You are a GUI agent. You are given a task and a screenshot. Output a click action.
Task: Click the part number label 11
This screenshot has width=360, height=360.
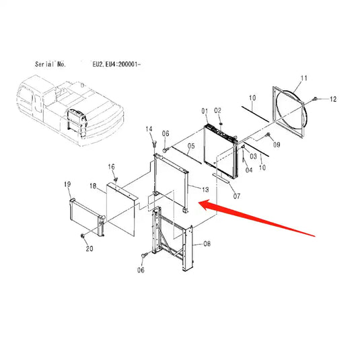click(x=303, y=78)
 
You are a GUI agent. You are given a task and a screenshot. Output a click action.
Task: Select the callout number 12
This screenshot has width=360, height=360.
click(x=333, y=99)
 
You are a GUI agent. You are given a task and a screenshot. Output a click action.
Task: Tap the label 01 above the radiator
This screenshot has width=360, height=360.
click(x=205, y=111)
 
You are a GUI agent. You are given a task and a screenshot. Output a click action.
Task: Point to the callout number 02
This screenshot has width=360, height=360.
click(x=217, y=110)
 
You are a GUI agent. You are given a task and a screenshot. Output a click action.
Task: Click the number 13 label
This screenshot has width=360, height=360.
click(x=205, y=190)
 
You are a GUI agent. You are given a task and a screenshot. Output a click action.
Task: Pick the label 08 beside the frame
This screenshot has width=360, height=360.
click(x=207, y=244)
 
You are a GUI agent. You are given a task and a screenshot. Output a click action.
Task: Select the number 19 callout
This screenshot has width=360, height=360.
click(x=67, y=184)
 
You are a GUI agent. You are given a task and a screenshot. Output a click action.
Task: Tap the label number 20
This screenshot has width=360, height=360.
click(x=89, y=249)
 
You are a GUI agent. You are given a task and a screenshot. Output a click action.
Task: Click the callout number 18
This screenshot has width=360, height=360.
click(x=93, y=186)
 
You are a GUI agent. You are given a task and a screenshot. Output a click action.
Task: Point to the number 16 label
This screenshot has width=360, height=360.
click(x=111, y=167)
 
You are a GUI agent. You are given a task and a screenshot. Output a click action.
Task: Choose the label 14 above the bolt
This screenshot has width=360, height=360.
click(x=149, y=129)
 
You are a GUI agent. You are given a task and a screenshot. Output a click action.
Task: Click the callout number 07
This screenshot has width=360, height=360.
click(x=237, y=196)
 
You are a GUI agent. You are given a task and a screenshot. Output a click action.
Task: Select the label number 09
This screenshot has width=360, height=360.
click(x=277, y=145)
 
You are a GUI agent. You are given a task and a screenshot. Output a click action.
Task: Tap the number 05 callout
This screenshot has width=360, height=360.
click(x=191, y=146)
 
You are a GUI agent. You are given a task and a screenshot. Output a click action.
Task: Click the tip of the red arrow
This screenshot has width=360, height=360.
click(x=199, y=203)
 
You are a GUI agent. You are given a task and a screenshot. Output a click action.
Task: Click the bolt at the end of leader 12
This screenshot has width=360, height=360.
click(x=315, y=99)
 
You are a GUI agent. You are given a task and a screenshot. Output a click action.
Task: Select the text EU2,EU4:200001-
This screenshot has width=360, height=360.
click(x=116, y=65)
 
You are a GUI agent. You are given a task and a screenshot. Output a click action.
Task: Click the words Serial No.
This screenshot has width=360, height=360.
click(x=50, y=64)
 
